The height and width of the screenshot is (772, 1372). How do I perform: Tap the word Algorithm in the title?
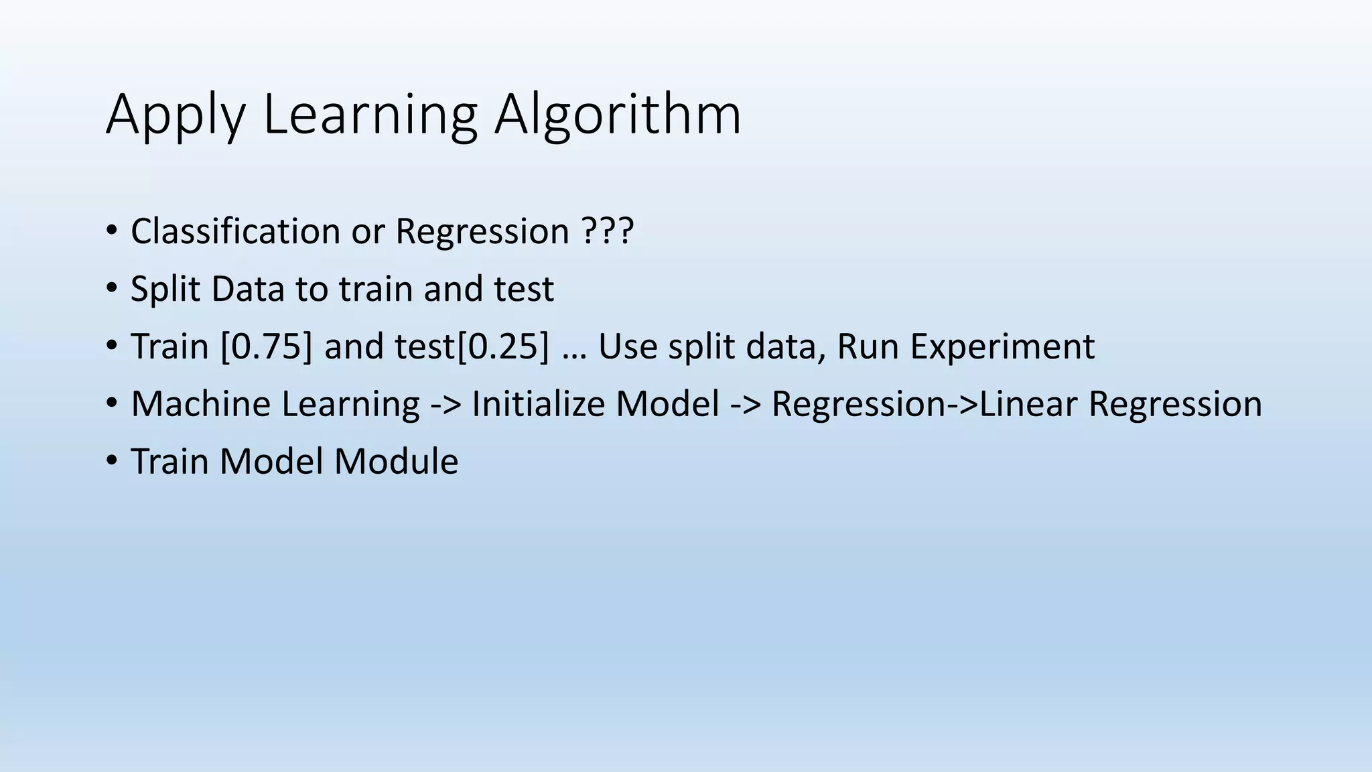(617, 115)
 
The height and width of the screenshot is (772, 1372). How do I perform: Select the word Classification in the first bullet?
(235, 232)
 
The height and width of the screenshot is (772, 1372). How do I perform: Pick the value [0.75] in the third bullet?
(266, 347)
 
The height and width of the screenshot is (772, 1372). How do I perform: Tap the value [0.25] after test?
(502, 347)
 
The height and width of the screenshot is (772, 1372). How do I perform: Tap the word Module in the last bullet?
(396, 462)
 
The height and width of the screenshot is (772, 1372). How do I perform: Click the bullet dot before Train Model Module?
(111, 461)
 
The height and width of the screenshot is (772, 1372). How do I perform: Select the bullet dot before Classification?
(111, 231)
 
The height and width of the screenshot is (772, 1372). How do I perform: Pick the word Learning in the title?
(370, 115)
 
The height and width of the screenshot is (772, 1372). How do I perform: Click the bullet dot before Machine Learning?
(111, 403)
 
